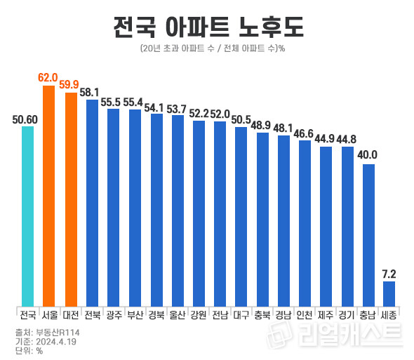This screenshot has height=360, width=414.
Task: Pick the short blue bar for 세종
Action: pyautogui.click(x=389, y=293)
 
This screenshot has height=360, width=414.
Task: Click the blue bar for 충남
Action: pyautogui.click(x=368, y=234)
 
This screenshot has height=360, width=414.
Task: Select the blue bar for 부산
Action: pyautogui.click(x=134, y=207)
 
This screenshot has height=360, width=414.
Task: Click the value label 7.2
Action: pyautogui.click(x=389, y=273)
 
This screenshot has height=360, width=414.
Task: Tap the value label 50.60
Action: pyautogui.click(x=26, y=119)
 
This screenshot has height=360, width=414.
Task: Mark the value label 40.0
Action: pyautogui.click(x=368, y=155)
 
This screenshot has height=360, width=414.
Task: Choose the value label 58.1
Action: pyautogui.click(x=91, y=92)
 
